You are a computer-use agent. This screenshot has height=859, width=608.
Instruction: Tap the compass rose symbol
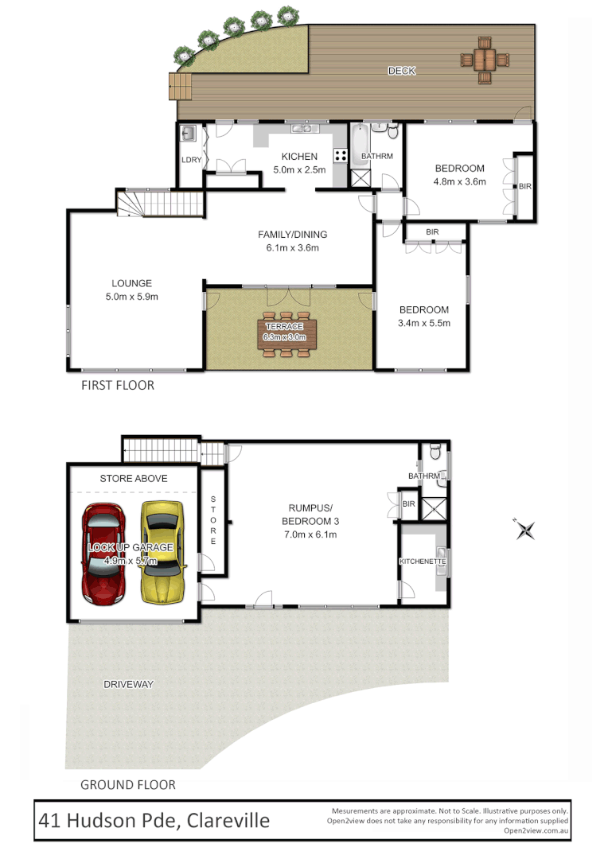(524, 530)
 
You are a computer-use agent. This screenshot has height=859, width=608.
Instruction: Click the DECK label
(401, 72)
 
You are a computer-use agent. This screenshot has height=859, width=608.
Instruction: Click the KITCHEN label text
(298, 157)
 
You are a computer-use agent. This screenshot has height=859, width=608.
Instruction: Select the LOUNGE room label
(131, 283)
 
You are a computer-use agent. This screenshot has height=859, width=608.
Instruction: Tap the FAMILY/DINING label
(292, 235)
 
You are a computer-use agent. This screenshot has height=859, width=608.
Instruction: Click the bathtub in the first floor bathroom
(361, 144)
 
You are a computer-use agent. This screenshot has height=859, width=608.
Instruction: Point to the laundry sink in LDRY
(189, 134)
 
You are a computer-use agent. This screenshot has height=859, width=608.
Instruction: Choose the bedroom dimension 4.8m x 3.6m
(459, 181)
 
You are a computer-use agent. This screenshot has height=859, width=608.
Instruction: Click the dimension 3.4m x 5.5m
(423, 323)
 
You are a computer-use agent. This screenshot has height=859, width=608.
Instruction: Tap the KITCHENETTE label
(422, 562)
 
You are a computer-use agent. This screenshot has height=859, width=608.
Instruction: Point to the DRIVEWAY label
(127, 684)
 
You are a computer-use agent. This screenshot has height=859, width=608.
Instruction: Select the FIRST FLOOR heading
(117, 386)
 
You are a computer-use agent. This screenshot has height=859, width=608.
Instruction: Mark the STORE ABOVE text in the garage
(133, 478)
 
